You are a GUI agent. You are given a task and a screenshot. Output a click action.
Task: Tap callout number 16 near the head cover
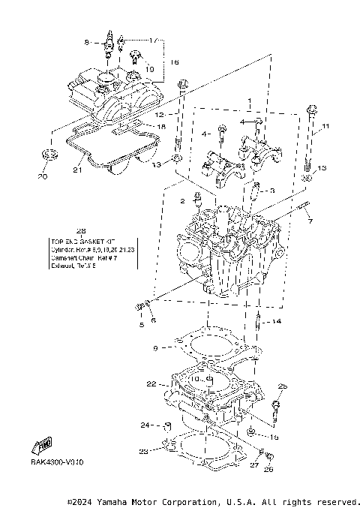tap(174, 62)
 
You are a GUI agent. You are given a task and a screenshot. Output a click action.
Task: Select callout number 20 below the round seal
tap(43, 176)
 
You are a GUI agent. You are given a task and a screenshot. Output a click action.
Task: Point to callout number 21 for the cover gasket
tap(76, 170)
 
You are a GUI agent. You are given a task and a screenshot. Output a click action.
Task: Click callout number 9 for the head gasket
tap(155, 348)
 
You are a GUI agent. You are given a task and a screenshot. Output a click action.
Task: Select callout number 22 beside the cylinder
tap(151, 384)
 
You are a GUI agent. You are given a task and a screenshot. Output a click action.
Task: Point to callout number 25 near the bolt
tap(283, 386)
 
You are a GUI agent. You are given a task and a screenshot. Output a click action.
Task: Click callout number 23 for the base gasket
tap(142, 451)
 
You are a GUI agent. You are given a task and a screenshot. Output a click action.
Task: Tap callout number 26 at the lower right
tap(269, 470)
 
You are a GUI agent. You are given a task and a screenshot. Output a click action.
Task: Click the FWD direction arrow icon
tap(44, 447)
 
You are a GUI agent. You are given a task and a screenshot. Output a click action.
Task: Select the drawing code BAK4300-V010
tap(58, 462)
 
